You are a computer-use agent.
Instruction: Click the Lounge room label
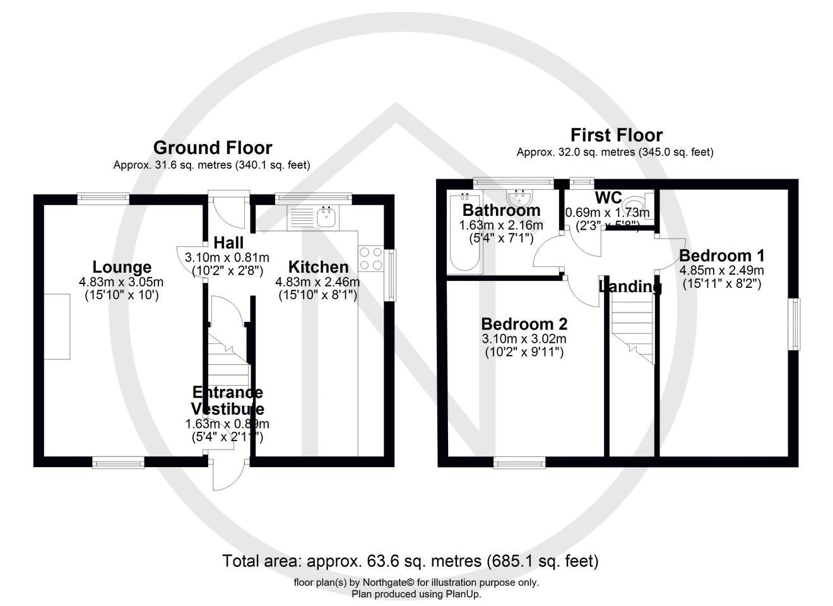[x=122, y=267]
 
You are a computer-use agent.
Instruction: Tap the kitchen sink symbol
[x=328, y=217]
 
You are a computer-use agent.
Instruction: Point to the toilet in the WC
[x=633, y=205]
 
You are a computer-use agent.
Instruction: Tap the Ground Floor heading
[x=213, y=148]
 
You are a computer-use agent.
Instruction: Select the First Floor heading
[x=616, y=135]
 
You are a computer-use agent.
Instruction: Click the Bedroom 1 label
[x=721, y=256]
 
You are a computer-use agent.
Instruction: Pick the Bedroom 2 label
[x=524, y=324]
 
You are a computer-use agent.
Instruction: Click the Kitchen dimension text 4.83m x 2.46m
[x=317, y=282]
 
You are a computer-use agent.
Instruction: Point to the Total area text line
[x=410, y=561]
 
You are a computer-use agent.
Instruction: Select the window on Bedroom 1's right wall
[x=796, y=324]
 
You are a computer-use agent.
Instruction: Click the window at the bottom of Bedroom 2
[x=519, y=463]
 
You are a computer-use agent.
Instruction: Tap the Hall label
[x=228, y=243]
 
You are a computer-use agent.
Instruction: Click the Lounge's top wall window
[x=103, y=198]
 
